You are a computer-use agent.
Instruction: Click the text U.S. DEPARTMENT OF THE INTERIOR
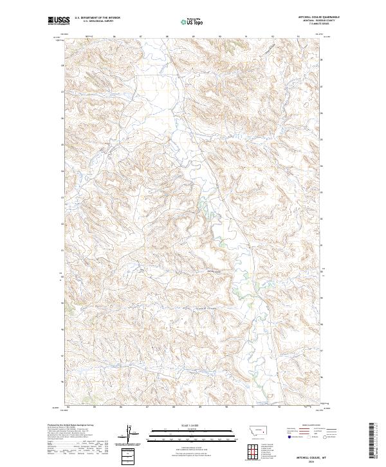click(x=97, y=18)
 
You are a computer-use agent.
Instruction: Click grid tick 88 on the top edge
click(x=167, y=36)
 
